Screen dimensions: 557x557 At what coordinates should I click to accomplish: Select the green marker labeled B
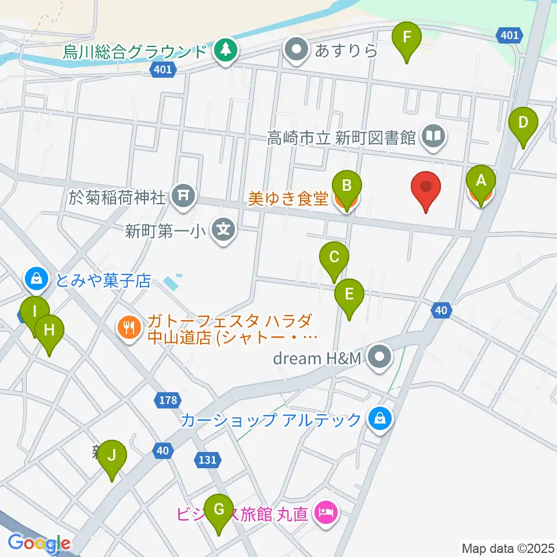[x=346, y=187]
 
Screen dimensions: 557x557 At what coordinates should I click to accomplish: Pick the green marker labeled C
[x=334, y=258]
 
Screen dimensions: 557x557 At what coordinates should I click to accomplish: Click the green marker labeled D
[x=523, y=124]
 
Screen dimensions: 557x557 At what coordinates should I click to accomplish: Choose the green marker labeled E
[x=349, y=295]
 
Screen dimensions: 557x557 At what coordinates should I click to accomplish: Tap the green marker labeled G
[x=219, y=510]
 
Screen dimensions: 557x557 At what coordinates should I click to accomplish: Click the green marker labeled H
[x=49, y=331]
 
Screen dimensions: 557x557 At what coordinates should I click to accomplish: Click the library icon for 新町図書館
[x=433, y=137]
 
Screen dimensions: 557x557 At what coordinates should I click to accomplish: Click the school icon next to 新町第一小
[x=223, y=230]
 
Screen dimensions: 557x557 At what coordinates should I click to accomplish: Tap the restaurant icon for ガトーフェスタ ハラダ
[x=128, y=329]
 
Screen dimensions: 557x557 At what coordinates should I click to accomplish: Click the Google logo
[x=39, y=544]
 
